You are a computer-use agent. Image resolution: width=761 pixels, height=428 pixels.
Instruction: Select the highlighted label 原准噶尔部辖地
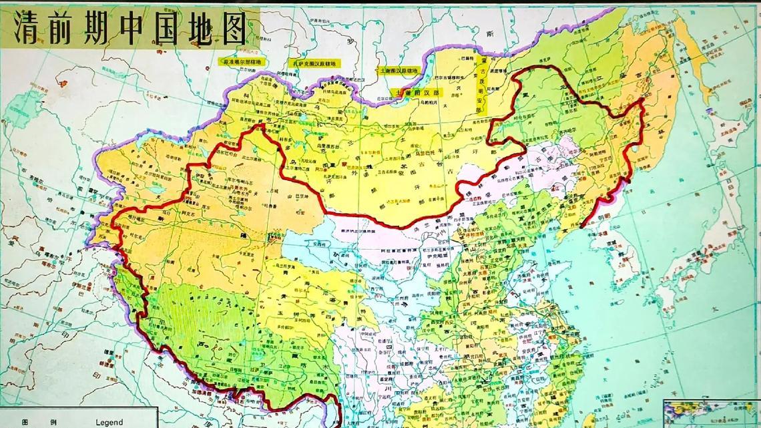pos(243,61)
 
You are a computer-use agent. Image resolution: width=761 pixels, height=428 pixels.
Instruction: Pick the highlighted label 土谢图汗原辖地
pos(398,70)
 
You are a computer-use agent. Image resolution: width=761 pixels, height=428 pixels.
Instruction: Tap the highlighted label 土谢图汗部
pos(417,92)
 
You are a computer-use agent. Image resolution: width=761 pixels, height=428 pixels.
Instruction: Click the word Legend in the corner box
pos(109,422)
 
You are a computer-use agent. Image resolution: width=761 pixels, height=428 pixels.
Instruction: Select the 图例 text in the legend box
pos(31,422)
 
